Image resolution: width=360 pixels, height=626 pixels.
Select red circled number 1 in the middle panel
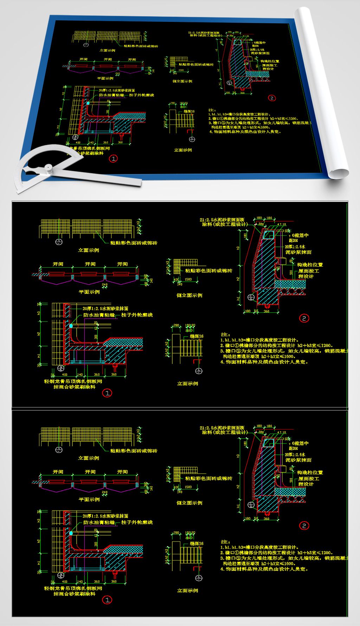[107, 392]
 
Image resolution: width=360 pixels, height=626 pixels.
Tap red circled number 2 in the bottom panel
[304, 526]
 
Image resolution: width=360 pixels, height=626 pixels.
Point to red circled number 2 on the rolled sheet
[271, 98]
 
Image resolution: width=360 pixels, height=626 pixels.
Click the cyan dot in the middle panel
[71, 326]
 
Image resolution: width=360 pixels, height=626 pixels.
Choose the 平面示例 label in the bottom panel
[89, 499]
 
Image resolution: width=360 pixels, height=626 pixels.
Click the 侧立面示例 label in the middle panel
[189, 295]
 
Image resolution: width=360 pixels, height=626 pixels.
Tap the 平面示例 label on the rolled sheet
[105, 78]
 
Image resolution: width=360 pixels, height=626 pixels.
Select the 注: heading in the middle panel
[225, 334]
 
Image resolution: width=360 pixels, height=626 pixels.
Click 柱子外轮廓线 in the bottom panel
[137, 523]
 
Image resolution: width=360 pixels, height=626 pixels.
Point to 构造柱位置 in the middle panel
[310, 265]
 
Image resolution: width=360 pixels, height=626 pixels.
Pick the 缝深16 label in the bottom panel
[197, 544]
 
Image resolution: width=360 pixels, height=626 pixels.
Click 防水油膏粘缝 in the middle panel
[99, 315]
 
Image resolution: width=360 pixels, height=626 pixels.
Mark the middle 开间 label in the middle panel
[90, 264]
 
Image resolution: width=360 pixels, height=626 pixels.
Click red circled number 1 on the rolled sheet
[113, 159]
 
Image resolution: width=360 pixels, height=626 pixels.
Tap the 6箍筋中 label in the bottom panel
[300, 443]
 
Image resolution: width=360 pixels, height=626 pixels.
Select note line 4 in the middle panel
[264, 362]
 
